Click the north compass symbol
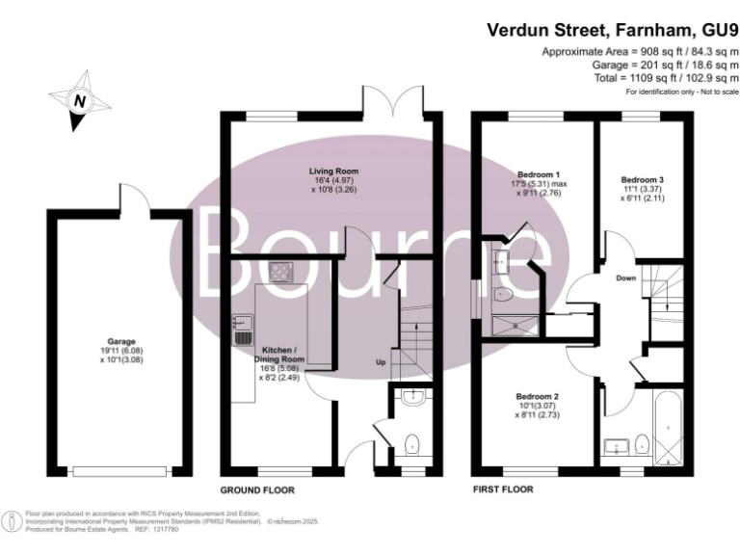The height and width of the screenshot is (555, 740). tap(80, 99)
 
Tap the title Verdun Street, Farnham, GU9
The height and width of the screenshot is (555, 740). tap(612, 29)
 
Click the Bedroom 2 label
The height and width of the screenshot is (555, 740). tap(538, 397)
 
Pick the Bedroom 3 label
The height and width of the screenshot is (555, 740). tap(642, 180)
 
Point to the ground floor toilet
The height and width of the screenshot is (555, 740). tap(412, 444)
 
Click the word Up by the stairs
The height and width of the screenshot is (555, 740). tap(382, 363)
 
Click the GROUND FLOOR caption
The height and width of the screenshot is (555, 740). tap(257, 489)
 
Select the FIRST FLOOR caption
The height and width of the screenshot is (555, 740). tap(502, 489)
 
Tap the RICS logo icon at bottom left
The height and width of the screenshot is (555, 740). tap(12, 521)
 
